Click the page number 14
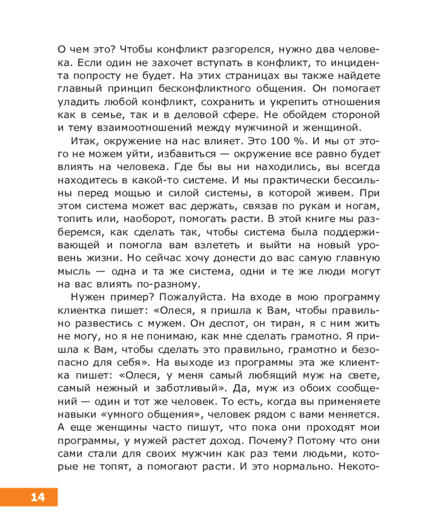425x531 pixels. tap(37, 498)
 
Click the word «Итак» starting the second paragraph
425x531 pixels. tap(84, 141)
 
